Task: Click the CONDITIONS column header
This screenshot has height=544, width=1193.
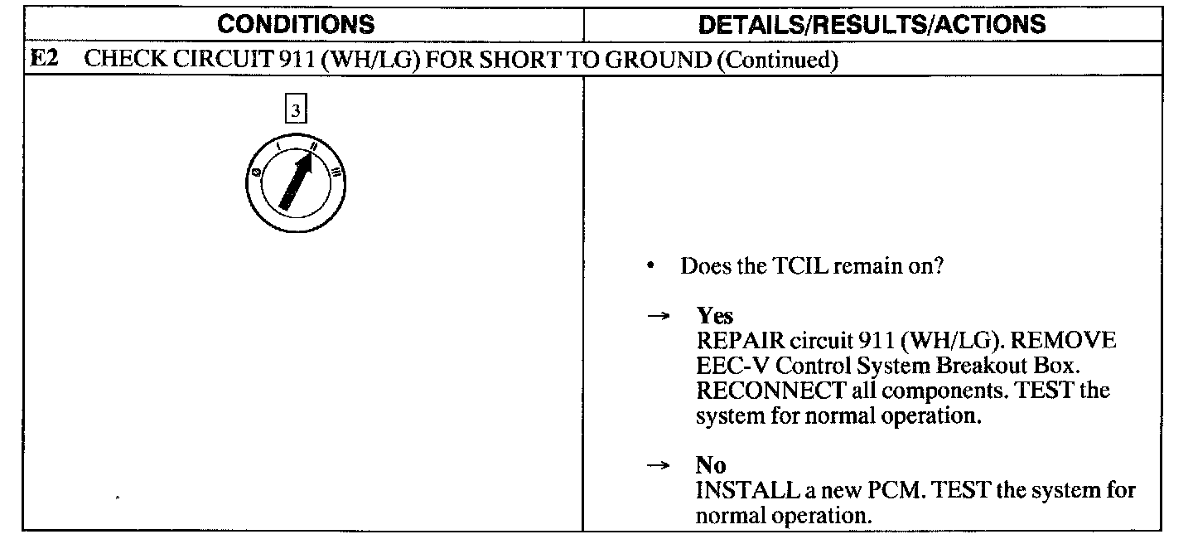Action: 296,24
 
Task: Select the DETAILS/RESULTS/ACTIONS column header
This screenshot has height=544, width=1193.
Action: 872,24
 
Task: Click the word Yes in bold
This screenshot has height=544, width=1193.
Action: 715,316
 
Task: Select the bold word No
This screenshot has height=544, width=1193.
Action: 711,466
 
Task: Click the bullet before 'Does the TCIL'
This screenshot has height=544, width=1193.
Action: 653,267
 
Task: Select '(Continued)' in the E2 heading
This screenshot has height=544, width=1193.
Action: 775,61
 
